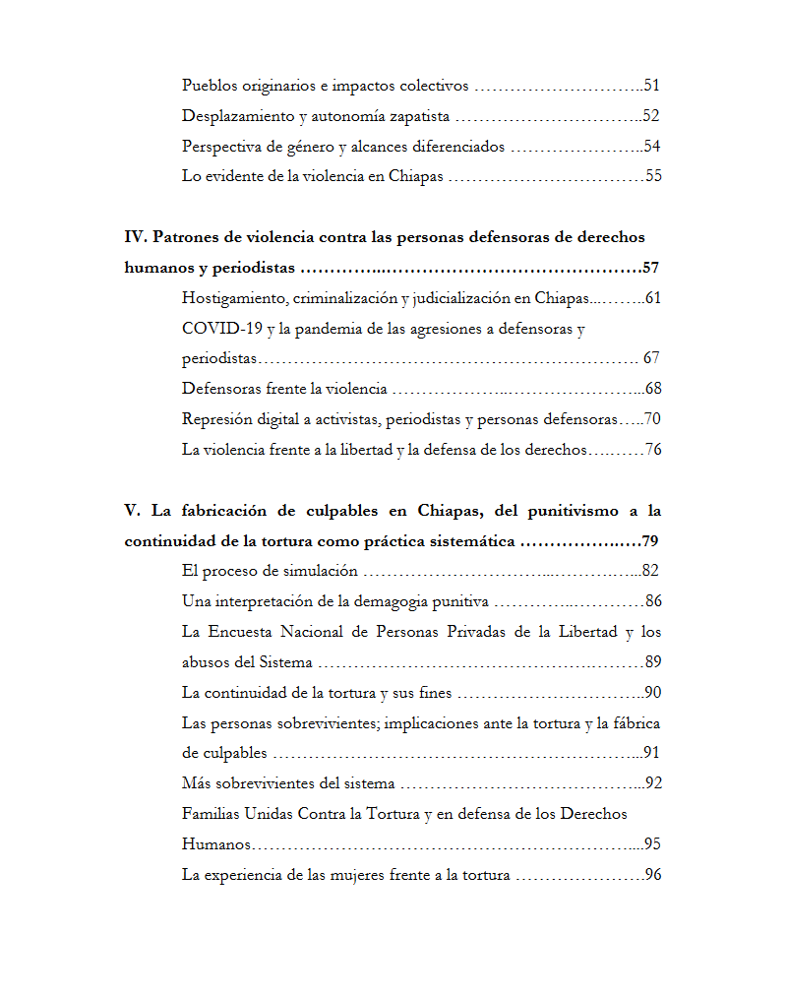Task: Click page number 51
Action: click(651, 86)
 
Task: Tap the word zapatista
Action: click(417, 116)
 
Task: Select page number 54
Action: click(651, 147)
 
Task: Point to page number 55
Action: click(653, 177)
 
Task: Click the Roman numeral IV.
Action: click(135, 237)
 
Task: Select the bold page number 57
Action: click(651, 268)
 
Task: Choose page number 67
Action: click(651, 358)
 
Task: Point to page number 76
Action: click(653, 450)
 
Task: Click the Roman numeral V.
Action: click(131, 511)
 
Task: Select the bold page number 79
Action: click(650, 541)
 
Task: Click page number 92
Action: click(653, 784)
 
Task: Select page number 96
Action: click(653, 875)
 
